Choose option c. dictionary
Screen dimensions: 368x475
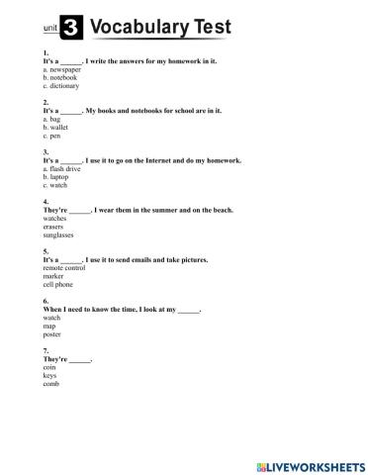(61, 86)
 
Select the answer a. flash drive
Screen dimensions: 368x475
(63, 169)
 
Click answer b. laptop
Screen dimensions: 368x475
(58, 177)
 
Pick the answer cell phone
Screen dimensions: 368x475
(58, 284)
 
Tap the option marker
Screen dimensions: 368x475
(54, 276)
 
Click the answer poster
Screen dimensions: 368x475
(53, 333)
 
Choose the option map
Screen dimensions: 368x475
(50, 326)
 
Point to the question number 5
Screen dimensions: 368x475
(46, 251)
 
